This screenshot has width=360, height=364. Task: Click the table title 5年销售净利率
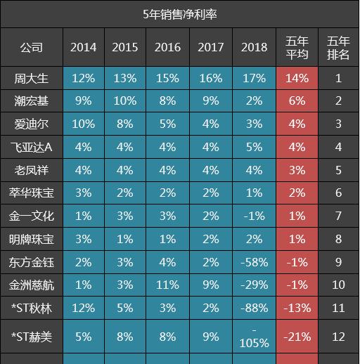pos(180,13)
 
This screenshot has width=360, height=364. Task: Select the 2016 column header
pos(168,48)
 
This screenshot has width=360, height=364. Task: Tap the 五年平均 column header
pos(297,48)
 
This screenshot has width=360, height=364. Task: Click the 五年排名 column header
pos(338,48)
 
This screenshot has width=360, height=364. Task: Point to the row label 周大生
pos(31,78)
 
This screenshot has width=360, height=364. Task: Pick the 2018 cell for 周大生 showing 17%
pos(254,78)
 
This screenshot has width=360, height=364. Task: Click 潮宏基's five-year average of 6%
pos(297,101)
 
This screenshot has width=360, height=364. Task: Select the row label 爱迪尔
pos(31,124)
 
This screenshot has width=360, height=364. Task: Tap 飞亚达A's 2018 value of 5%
pos(254,148)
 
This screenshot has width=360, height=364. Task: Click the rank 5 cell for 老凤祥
pos(338,170)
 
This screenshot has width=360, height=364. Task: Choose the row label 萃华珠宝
pos(31,193)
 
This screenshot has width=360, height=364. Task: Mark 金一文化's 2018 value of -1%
pos(254,216)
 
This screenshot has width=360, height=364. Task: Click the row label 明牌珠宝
pos(31,239)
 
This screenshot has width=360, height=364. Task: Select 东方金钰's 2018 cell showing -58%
pos(254,262)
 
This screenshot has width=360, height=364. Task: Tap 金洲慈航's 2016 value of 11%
pos(168,285)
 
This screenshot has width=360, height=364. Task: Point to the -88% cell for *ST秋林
pos(254,308)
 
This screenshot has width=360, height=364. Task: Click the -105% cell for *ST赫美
pos(254,337)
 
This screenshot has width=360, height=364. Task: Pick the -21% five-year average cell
pos(297,337)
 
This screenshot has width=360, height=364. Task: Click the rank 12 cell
pos(338,337)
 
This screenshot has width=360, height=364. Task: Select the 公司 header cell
pos(31,48)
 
